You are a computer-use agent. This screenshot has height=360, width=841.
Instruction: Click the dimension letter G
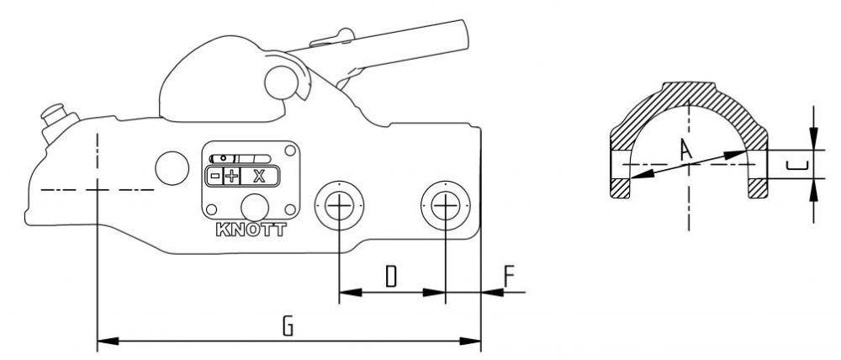[288, 326]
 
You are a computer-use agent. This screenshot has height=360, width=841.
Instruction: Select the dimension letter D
[391, 276]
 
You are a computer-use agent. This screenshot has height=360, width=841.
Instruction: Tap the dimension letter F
[509, 276]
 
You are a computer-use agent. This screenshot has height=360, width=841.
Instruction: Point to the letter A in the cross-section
[685, 150]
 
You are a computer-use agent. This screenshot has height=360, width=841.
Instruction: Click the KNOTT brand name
[251, 230]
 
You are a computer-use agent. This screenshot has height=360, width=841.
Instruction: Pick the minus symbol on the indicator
[214, 176]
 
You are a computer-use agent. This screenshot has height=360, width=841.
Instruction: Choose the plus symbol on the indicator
[231, 176]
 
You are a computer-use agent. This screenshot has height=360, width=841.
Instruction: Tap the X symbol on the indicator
[259, 176]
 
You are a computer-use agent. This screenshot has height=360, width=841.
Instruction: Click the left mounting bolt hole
[340, 205]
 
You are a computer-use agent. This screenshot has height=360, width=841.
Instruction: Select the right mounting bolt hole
[446, 205]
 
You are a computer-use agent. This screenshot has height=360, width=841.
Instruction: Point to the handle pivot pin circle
[282, 82]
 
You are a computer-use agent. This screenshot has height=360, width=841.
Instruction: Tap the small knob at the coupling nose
[52, 114]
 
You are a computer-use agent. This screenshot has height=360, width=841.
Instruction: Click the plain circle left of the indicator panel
[172, 168]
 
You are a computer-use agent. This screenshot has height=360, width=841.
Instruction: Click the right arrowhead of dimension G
[470, 341]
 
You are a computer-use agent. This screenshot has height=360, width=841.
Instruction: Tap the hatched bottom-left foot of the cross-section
[620, 188]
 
